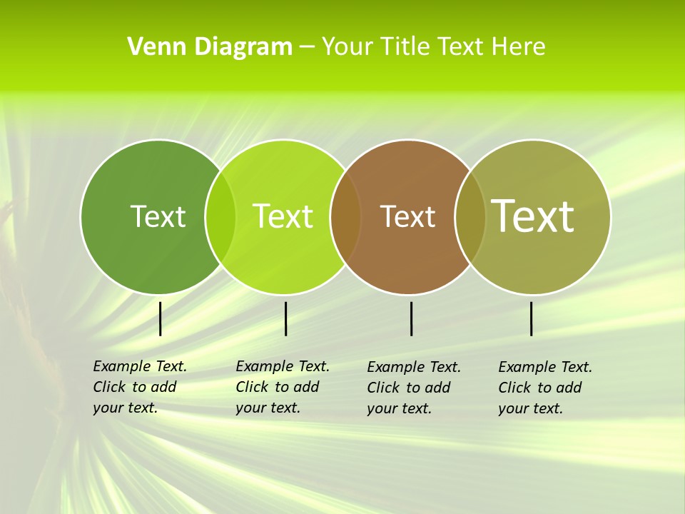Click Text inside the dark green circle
tap(158, 216)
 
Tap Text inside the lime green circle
tap(283, 216)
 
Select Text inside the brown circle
tap(408, 216)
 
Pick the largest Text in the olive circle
tap(533, 216)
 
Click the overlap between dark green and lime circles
tap(220, 216)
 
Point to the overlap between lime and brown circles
tap(345, 216)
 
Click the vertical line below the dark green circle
tap(161, 318)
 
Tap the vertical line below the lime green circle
tap(285, 318)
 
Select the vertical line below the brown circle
tap(412, 318)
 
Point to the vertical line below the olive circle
tap(532, 318)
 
